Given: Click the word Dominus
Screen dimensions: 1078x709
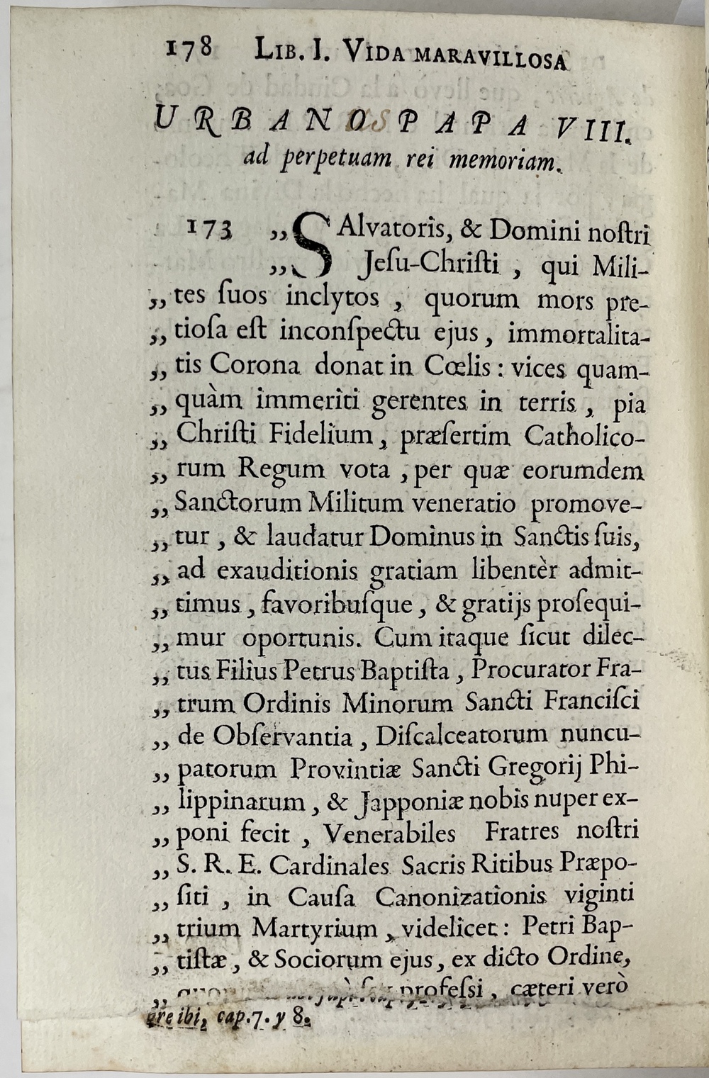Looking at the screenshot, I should pos(423,537).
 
